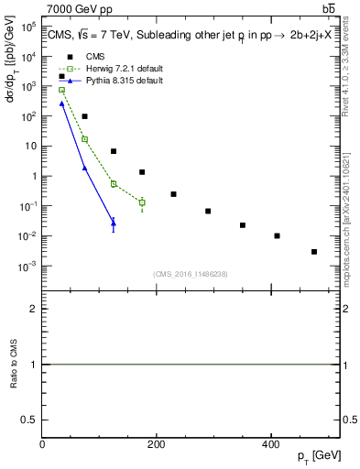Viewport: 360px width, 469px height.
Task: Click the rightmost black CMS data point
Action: [313, 252]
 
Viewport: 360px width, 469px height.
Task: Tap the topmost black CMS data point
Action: [62, 77]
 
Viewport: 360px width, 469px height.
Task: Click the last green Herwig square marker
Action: [142, 202]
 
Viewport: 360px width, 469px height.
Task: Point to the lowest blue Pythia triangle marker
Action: [114, 223]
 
